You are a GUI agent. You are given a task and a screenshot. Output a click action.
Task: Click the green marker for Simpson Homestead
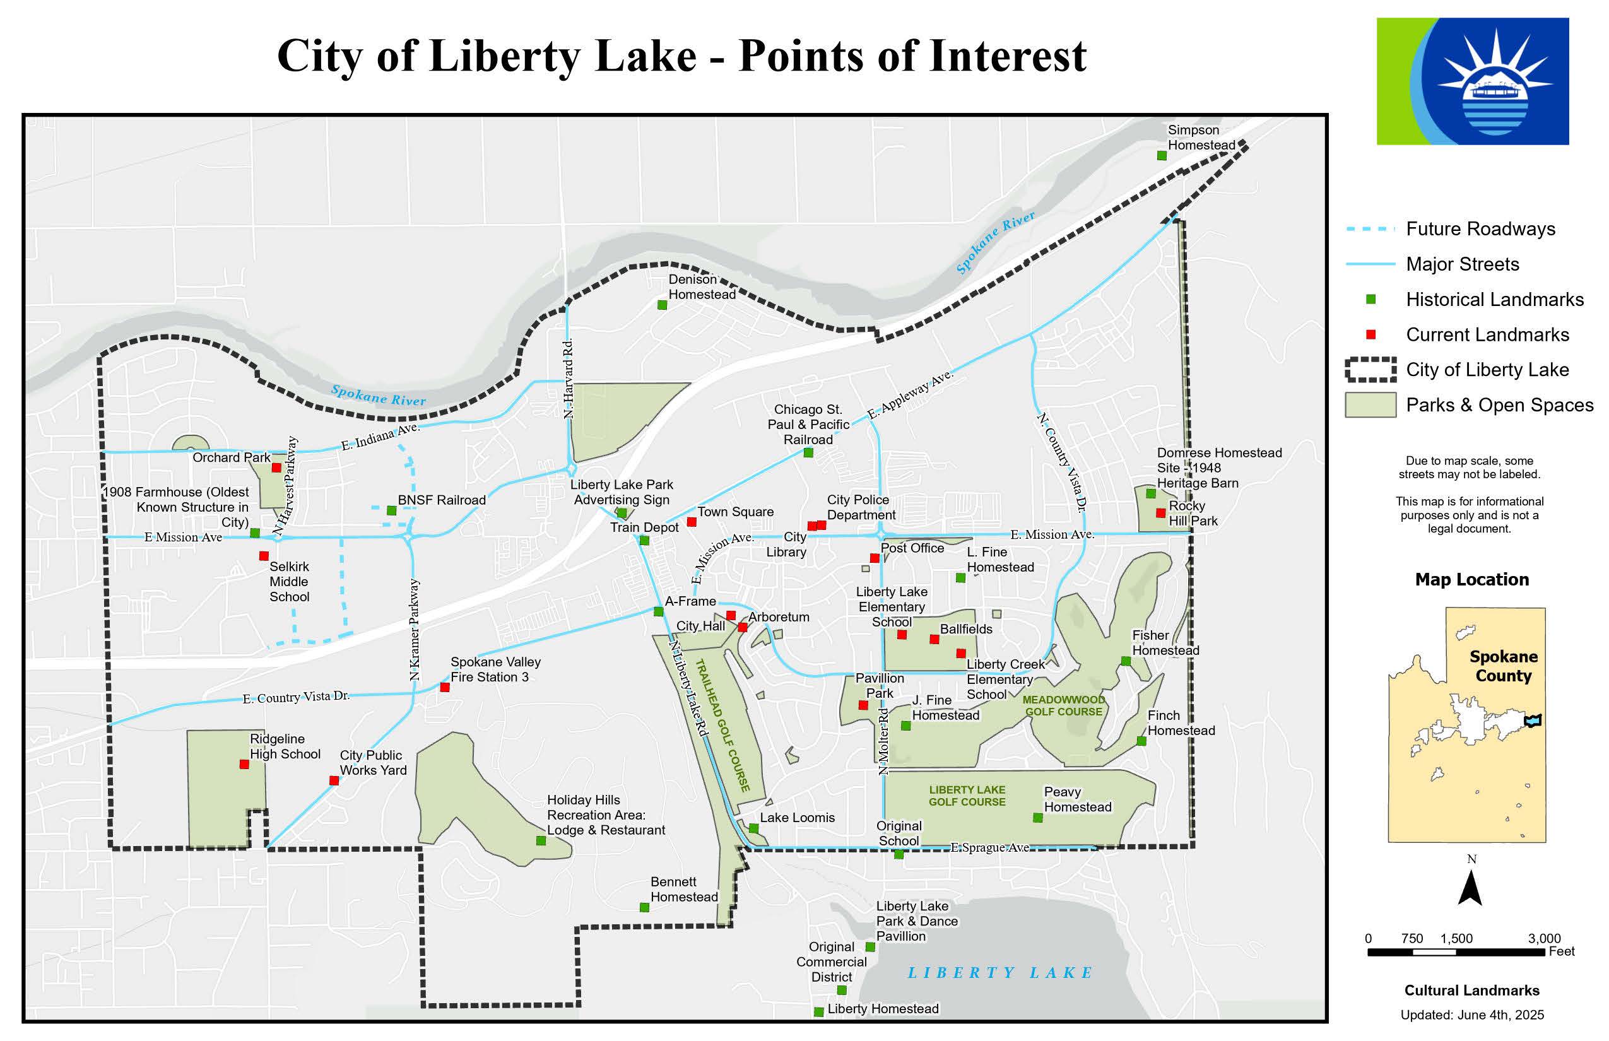pyautogui.click(x=1162, y=155)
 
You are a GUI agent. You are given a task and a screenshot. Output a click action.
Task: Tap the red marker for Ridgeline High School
pyautogui.click(x=244, y=765)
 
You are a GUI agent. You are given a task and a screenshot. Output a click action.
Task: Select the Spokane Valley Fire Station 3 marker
pyautogui.click(x=445, y=688)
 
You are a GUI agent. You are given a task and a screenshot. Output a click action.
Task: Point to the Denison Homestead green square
pyautogui.click(x=663, y=305)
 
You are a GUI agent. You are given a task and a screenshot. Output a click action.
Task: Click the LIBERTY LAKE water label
pyautogui.click(x=1000, y=972)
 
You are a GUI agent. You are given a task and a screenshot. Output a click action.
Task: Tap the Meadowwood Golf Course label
pyautogui.click(x=1063, y=706)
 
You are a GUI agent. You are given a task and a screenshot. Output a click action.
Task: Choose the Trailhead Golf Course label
pyautogui.click(x=723, y=726)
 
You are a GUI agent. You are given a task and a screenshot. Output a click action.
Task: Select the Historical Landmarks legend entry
pyautogui.click(x=1494, y=300)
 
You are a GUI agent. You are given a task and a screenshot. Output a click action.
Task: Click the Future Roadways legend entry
pyautogui.click(x=1480, y=229)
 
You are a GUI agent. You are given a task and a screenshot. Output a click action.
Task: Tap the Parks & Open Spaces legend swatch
pyautogui.click(x=1370, y=405)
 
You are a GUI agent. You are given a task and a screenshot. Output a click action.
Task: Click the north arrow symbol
pyautogui.click(x=1470, y=888)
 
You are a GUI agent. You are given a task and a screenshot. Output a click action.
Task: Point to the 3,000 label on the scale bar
pyautogui.click(x=1544, y=938)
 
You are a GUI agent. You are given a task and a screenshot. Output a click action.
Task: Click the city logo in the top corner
pyautogui.click(x=1473, y=81)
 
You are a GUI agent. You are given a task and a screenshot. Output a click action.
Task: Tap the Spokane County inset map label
pyautogui.click(x=1503, y=666)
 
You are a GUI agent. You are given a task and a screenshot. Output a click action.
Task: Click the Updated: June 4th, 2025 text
pyautogui.click(x=1471, y=1015)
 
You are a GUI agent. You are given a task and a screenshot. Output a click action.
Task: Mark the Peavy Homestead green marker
pyautogui.click(x=1038, y=818)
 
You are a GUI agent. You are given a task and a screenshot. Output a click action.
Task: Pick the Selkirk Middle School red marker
pyautogui.click(x=264, y=556)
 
